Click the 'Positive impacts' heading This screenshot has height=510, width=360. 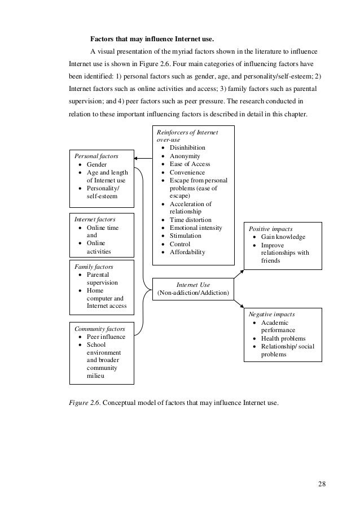pyautogui.click(x=271, y=229)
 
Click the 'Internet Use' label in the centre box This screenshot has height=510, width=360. pyautogui.click(x=194, y=285)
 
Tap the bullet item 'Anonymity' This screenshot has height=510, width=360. pyautogui.click(x=186, y=156)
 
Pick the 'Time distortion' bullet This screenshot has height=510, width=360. pyautogui.click(x=191, y=220)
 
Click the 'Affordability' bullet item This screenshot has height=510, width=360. pyautogui.click(x=187, y=252)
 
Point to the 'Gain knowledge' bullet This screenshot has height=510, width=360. pyautogui.click(x=283, y=237)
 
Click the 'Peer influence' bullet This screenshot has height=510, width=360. pyautogui.click(x=106, y=337)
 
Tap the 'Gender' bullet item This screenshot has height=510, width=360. pyautogui.click(x=96, y=164)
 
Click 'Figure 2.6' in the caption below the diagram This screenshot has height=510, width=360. pyautogui.click(x=85, y=402)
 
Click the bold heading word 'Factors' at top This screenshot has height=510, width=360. pyautogui.click(x=103, y=40)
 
